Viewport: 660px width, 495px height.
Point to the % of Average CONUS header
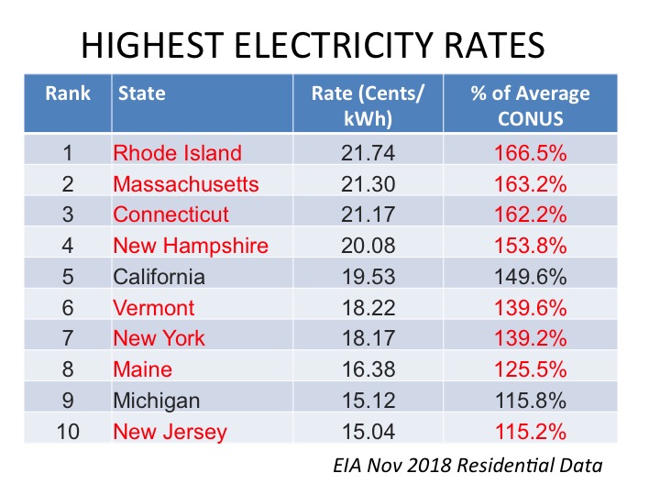(530, 105)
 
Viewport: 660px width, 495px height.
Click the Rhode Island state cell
(177, 153)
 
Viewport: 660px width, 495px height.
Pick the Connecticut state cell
(171, 214)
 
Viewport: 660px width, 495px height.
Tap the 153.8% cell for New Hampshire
(531, 246)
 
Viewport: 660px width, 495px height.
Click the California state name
(159, 277)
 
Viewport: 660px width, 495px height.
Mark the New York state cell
(159, 339)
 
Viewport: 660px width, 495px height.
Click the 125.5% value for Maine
(531, 370)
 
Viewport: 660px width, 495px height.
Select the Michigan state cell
(157, 401)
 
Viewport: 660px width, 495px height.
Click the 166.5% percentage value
(531, 153)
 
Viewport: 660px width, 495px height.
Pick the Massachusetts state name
(186, 184)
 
